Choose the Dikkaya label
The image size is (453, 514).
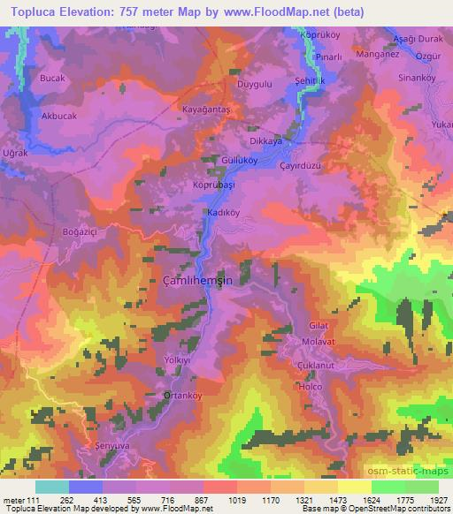click(x=265, y=140)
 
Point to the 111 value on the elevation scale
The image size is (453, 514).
click(x=35, y=500)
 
